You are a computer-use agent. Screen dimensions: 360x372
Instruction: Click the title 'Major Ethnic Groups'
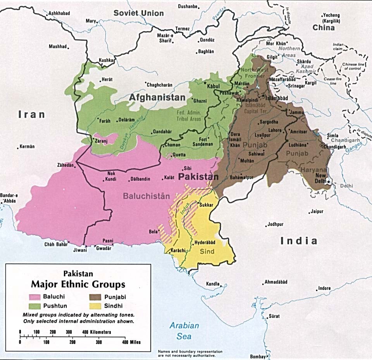click(x=78, y=284)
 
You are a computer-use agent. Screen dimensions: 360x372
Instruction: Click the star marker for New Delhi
click(x=328, y=181)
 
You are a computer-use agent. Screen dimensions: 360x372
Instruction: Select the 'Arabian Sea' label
click(x=184, y=331)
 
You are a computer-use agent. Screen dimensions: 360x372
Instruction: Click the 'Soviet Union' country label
click(x=138, y=13)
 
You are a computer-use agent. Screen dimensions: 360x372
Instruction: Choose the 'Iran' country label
click(x=31, y=114)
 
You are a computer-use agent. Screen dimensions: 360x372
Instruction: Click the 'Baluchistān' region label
click(x=146, y=196)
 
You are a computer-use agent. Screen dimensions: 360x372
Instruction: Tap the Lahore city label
click(x=275, y=130)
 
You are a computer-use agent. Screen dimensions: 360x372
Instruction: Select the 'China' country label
click(x=324, y=28)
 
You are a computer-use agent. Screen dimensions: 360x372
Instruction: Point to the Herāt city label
click(x=107, y=79)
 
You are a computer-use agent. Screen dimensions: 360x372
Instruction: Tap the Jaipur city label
click(x=317, y=212)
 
